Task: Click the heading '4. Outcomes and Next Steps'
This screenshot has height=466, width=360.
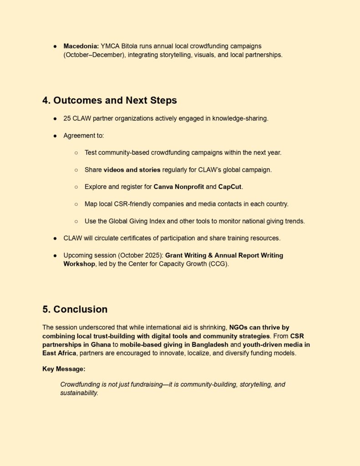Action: tap(110, 100)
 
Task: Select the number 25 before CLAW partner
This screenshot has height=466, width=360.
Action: tap(67, 118)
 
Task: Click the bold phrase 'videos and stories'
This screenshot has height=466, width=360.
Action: tap(132, 170)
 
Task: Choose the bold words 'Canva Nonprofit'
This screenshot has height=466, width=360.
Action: tap(179, 187)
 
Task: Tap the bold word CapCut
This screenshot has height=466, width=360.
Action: tap(231, 187)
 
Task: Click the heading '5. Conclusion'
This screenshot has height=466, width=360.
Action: tap(75, 309)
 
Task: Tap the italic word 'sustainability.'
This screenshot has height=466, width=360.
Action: tap(79, 393)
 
